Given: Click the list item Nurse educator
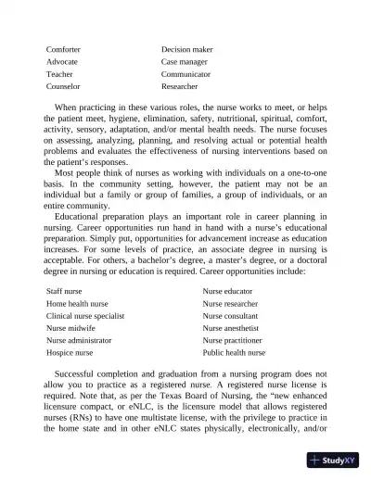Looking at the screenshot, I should click(229, 291).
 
